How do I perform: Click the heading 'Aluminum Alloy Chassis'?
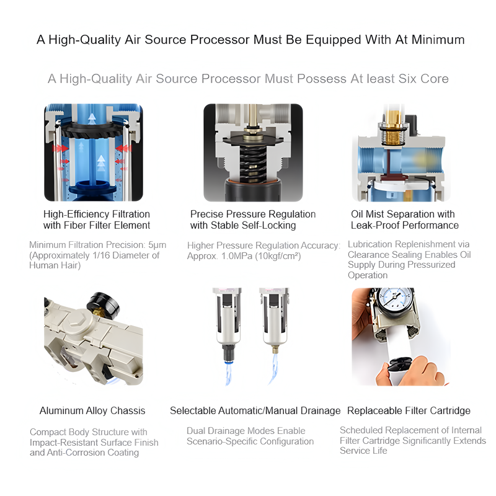(92, 410)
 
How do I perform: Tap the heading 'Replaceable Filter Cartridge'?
(409, 410)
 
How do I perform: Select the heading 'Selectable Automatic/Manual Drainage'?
(255, 410)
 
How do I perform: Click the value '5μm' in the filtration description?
(157, 245)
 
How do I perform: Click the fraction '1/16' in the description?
(112, 255)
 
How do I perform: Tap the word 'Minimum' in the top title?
(438, 40)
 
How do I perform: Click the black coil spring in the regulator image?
(252, 164)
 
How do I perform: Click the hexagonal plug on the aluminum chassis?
(75, 322)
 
